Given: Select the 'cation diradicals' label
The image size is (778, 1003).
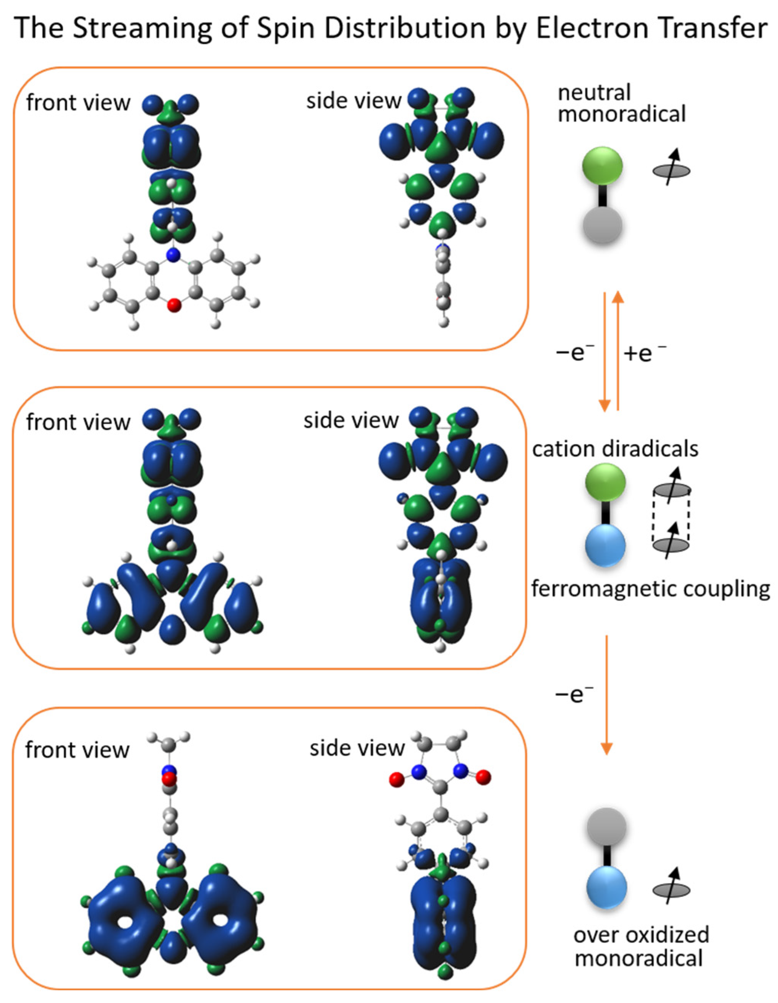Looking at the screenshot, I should [x=614, y=449].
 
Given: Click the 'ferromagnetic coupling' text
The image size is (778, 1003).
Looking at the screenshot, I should [x=650, y=589].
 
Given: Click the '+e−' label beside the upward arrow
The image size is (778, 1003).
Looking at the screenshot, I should [x=644, y=353].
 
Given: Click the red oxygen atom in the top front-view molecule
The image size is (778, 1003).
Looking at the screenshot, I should [x=173, y=305].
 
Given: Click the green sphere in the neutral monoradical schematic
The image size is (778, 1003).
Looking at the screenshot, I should [x=602, y=167].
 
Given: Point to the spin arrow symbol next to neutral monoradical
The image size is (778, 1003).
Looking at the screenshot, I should [x=671, y=171].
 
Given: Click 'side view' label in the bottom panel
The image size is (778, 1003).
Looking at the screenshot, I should [x=357, y=748].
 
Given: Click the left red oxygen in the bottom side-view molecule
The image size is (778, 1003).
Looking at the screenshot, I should [x=396, y=779].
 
